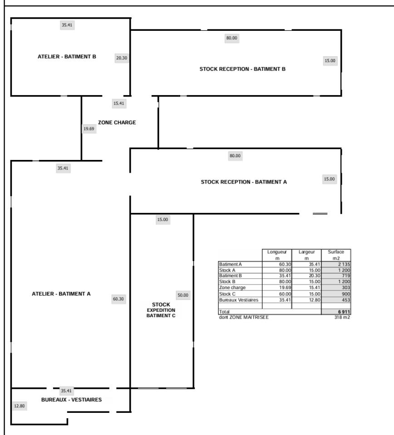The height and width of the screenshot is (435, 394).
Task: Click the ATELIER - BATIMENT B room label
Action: click(x=67, y=57)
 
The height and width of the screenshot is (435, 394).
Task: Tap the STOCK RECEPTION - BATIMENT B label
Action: click(x=242, y=69)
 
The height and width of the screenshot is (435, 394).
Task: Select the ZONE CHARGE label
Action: click(x=117, y=122)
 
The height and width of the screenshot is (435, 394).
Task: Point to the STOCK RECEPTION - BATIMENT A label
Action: click(x=244, y=182)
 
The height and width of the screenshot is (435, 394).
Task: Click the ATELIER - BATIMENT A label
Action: click(x=61, y=294)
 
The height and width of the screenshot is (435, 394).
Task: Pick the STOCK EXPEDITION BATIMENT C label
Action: click(x=161, y=310)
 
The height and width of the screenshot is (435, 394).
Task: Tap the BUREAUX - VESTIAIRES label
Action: click(x=71, y=400)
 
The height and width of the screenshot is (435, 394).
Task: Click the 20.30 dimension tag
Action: click(x=122, y=58)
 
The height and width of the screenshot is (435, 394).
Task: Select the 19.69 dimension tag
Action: click(x=89, y=129)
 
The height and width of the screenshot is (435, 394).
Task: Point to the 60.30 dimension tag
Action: click(x=118, y=299)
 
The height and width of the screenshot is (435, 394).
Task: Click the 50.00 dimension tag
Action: click(x=183, y=295)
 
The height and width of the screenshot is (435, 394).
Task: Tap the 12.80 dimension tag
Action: click(x=20, y=406)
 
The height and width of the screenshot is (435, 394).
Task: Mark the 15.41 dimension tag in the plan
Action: click(x=118, y=103)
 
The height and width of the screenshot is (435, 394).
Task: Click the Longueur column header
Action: click(x=277, y=255)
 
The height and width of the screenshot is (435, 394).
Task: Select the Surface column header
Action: click(x=336, y=255)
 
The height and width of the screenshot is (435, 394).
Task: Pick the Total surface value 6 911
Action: click(x=344, y=312)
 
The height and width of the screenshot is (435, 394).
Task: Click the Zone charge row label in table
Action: click(x=232, y=288)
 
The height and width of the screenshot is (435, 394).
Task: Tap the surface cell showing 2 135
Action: click(x=344, y=264)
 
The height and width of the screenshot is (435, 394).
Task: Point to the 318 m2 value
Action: click(x=342, y=317)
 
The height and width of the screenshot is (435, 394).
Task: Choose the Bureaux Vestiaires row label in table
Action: click(x=239, y=300)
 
